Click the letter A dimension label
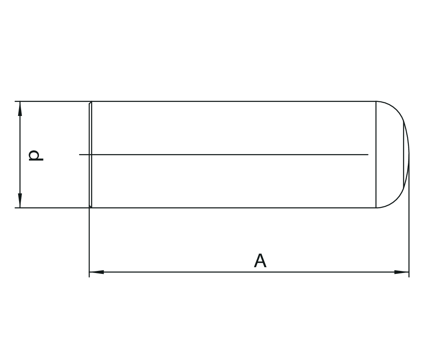click(x=260, y=261)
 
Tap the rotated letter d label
click(x=35, y=155)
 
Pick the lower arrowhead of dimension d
click(x=20, y=201)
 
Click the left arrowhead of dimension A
click(x=96, y=272)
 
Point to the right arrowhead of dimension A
click(x=402, y=272)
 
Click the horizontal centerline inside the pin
click(x=224, y=155)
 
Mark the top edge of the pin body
click(x=232, y=101)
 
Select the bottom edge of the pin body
click(x=232, y=208)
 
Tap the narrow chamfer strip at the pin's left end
click(x=90, y=155)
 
